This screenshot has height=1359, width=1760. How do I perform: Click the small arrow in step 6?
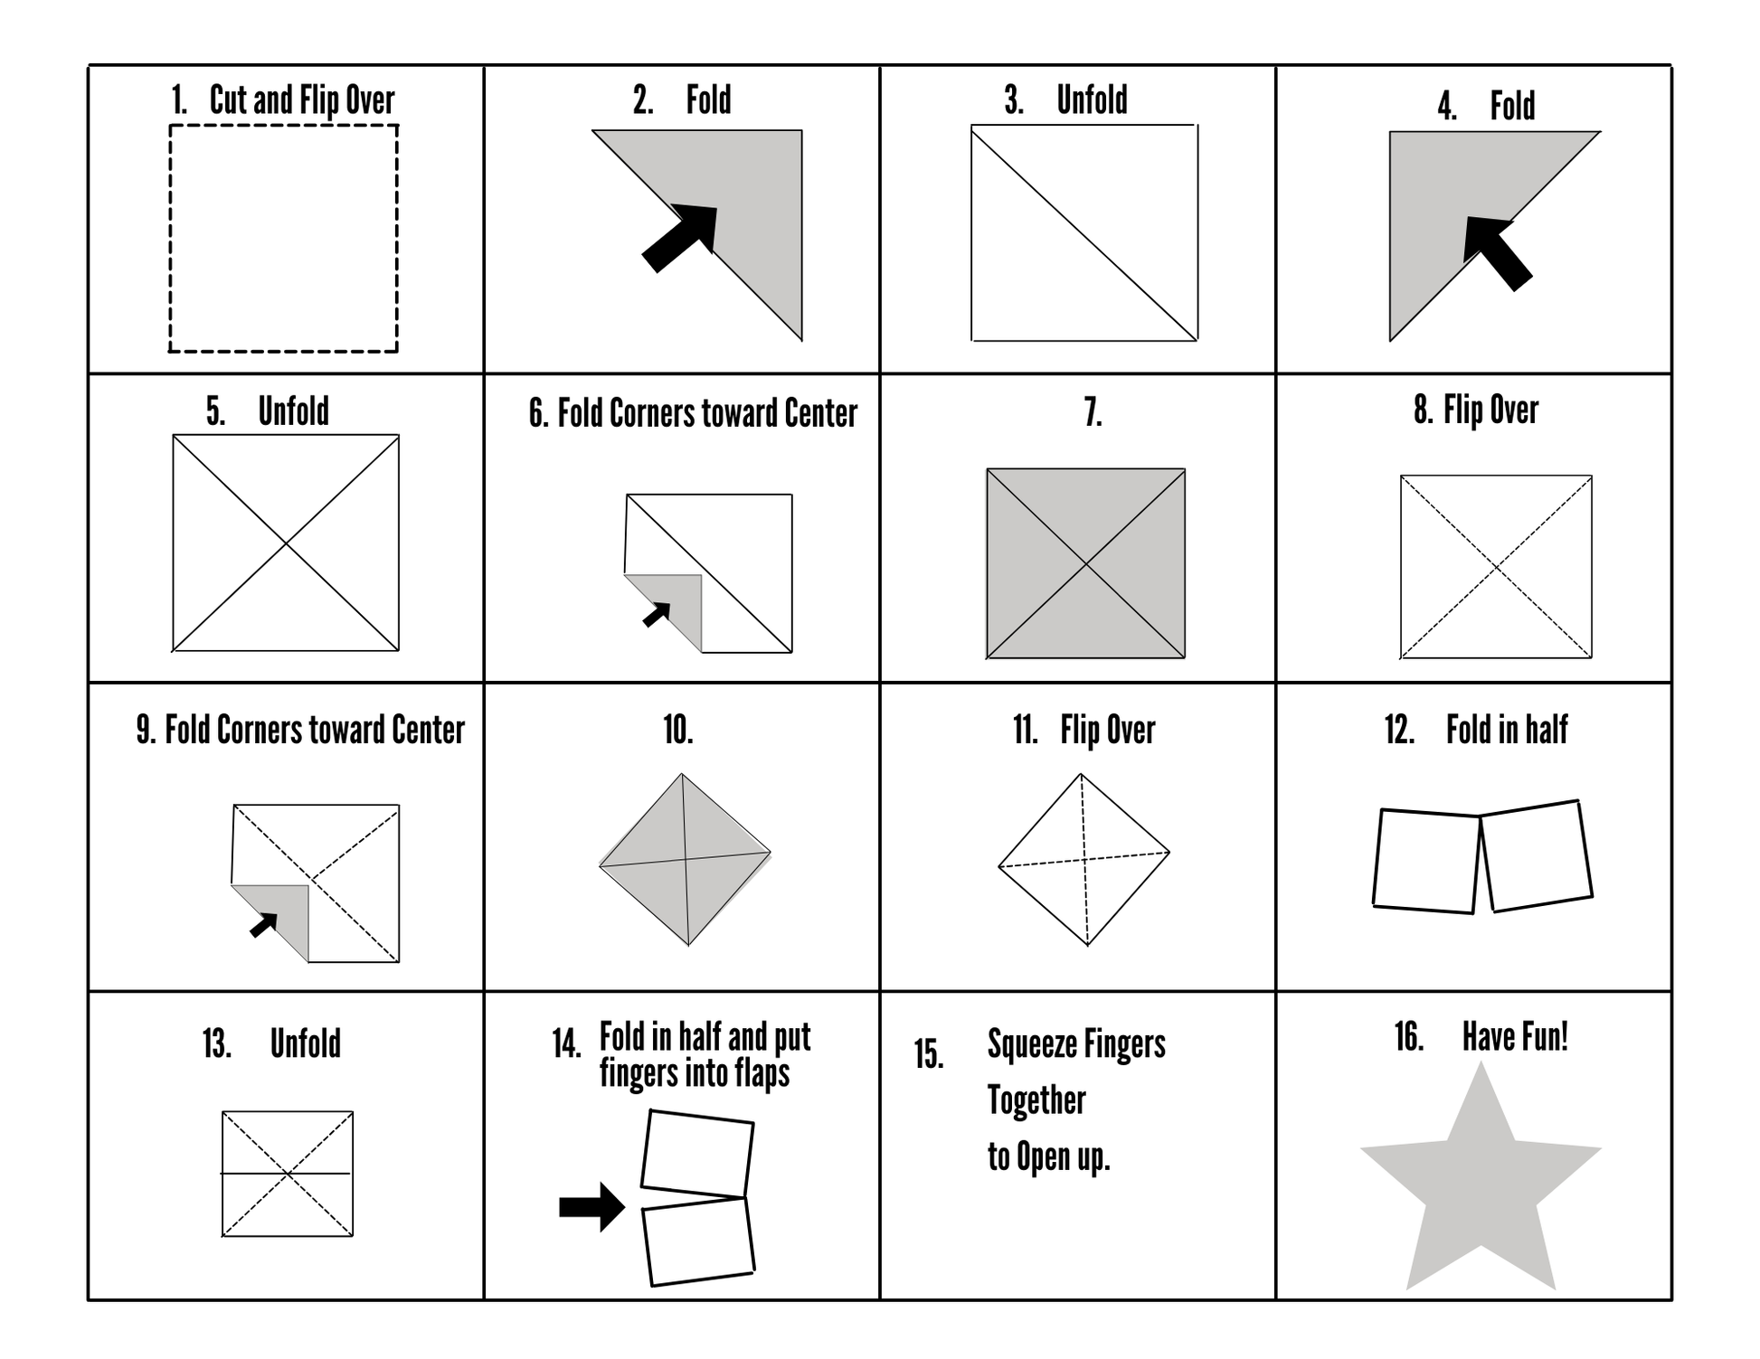(657, 614)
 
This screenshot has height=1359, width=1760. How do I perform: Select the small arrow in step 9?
(264, 925)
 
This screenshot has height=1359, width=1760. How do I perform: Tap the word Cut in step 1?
(229, 99)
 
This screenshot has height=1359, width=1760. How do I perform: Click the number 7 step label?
(1093, 412)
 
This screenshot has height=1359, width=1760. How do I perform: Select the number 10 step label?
(678, 729)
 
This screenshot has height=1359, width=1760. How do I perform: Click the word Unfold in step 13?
(305, 1043)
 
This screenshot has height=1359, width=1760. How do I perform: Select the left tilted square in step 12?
(1425, 861)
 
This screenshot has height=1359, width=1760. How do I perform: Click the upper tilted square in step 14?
(697, 1154)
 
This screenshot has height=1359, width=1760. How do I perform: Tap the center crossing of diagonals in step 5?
(286, 543)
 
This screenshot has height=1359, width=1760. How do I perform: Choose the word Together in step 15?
(1036, 1100)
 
